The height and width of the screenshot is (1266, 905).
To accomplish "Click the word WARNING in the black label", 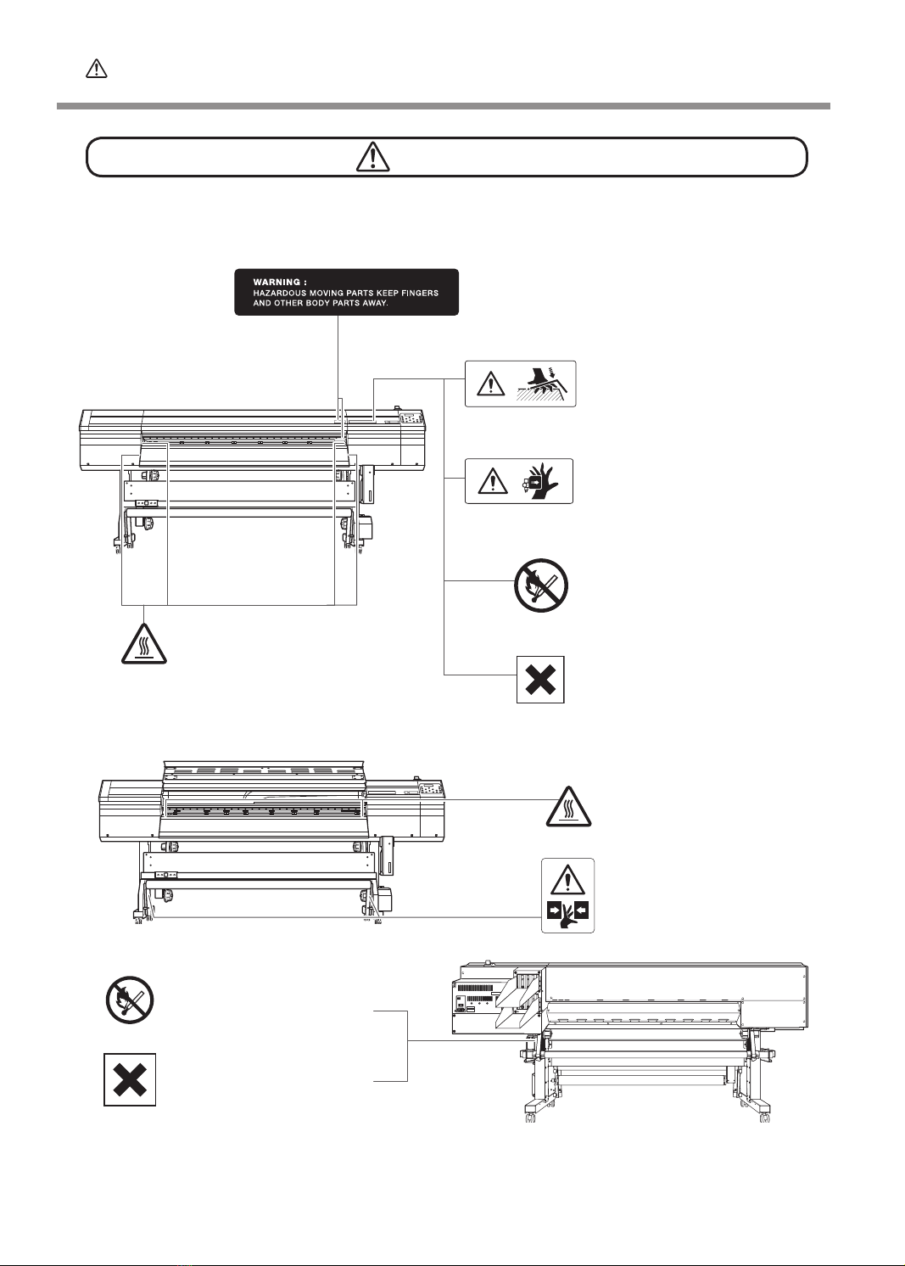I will coord(277,282).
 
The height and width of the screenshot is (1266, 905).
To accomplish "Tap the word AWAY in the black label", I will coord(374,303).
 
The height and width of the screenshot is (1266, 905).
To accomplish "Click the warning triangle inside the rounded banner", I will coord(372,157).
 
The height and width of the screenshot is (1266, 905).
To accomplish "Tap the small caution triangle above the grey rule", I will coord(97,70).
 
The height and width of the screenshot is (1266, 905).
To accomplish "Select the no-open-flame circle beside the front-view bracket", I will coord(541,585).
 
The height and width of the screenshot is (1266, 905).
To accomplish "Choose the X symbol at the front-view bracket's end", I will coord(540,680).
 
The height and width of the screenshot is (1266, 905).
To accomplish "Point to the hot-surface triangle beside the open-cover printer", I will coord(567,806).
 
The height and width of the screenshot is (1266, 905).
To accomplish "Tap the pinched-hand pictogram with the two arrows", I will coord(568,914).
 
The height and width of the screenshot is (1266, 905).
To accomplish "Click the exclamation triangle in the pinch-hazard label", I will coord(568,879).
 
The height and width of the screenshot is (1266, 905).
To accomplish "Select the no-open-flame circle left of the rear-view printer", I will coord(129,999).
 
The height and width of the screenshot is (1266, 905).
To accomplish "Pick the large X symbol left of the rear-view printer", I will coord(130,1080).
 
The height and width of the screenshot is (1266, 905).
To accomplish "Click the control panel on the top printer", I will coord(411,420).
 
